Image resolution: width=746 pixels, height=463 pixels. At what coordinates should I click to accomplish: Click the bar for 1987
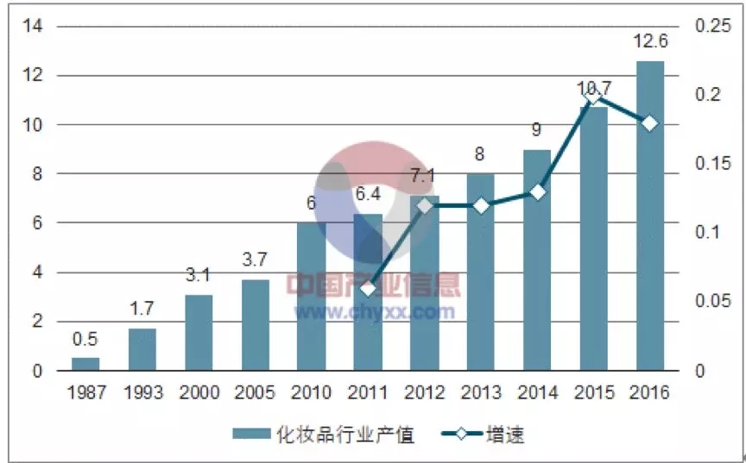coord(85,364)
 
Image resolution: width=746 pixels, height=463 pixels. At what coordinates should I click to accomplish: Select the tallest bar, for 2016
coord(650,216)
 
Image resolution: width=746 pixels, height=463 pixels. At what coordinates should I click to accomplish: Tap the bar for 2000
coord(199,333)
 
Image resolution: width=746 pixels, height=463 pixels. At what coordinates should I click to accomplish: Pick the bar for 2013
coord(481,272)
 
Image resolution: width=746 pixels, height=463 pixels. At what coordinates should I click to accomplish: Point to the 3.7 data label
coord(256,260)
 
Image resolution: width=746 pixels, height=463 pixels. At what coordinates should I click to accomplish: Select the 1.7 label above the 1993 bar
coord(142,309)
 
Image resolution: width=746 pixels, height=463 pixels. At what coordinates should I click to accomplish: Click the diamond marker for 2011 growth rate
coord(369,288)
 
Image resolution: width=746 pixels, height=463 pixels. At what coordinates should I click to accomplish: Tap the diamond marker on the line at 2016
coord(650,123)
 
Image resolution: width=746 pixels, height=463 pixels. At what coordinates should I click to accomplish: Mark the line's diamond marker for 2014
coord(537,191)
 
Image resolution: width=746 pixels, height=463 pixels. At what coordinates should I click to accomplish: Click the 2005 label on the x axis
coord(256,393)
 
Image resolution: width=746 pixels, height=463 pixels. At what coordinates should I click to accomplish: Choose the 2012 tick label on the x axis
coord(425,393)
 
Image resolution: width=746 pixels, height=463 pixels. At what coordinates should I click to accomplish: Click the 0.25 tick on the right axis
coord(713,26)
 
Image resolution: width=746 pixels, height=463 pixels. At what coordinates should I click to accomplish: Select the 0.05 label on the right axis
coord(713,302)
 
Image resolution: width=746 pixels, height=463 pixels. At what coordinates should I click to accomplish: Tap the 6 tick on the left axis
coord(37,222)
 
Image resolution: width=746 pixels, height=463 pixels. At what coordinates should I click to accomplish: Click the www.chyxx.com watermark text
coord(375,310)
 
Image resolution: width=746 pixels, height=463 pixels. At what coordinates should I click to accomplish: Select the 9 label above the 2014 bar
coord(537,130)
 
